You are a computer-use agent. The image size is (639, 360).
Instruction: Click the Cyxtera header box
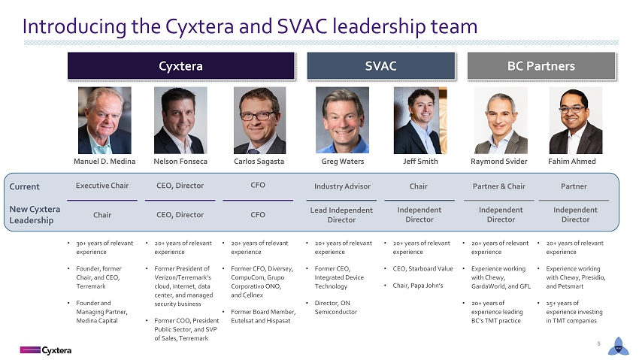181,65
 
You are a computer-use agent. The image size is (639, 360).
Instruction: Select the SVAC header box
380,65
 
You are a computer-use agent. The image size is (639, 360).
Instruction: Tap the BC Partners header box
541,65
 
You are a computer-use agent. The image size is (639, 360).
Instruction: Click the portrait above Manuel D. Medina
104,120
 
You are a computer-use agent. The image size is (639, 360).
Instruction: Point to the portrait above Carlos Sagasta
259,120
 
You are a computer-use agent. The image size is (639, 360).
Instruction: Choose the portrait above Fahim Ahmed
575,120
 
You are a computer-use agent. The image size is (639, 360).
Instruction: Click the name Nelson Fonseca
180,162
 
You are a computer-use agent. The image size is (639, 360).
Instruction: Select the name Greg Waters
342,162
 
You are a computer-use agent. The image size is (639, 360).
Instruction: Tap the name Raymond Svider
499,162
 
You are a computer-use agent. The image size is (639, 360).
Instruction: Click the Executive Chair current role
102,186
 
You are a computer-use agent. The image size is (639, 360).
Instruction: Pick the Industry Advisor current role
342,186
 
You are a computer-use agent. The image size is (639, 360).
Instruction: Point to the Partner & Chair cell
499,186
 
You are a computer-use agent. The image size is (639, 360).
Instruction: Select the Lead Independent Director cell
341,215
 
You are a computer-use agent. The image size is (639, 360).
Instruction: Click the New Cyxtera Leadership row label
35,215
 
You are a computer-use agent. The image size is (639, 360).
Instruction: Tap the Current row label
25,186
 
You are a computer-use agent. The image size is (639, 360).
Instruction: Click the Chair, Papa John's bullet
418,286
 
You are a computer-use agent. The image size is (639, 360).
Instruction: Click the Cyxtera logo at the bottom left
46,350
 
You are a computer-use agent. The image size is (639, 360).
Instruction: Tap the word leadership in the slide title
379,27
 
